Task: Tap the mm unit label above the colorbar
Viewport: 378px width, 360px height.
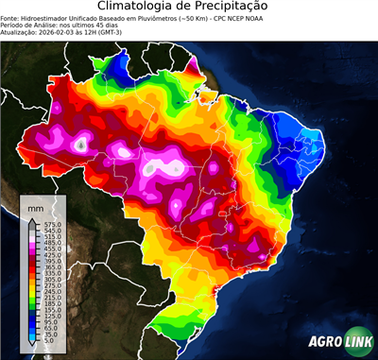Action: click(x=36, y=207)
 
